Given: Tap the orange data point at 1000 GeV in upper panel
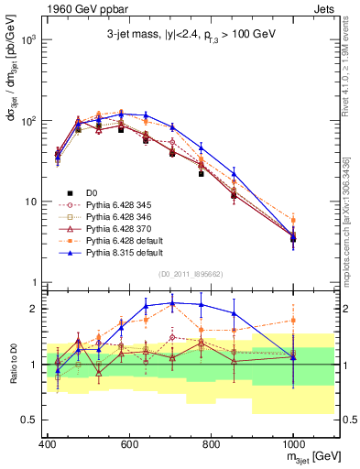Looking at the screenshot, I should pos(293,220).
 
